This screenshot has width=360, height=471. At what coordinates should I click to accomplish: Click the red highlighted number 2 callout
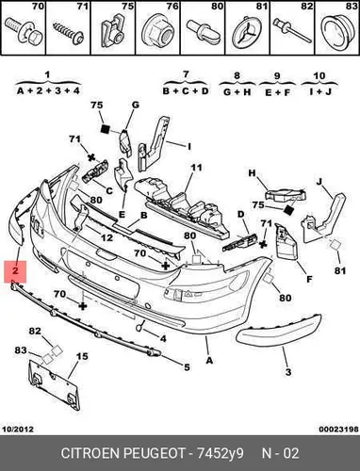click(15, 271)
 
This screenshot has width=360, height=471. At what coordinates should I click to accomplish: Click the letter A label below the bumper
click(209, 360)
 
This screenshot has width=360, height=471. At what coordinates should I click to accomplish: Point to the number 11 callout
click(196, 168)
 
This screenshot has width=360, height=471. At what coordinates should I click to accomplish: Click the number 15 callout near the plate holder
click(82, 356)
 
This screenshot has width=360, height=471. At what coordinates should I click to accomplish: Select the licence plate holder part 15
click(54, 384)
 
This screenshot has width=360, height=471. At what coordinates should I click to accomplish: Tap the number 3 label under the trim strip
click(288, 372)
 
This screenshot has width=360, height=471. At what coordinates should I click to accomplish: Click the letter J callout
click(319, 182)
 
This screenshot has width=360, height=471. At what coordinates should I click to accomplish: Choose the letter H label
click(252, 173)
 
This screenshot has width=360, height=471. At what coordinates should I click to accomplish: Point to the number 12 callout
click(106, 237)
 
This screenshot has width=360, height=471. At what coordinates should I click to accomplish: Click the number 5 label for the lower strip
click(187, 366)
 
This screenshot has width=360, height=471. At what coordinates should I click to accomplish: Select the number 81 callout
click(340, 270)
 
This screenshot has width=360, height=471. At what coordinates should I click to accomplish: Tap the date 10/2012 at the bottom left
click(18, 429)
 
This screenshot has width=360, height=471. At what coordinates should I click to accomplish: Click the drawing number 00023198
click(339, 429)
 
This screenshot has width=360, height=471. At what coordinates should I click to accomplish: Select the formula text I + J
click(319, 91)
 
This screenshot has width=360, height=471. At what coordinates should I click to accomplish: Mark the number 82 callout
click(35, 331)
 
